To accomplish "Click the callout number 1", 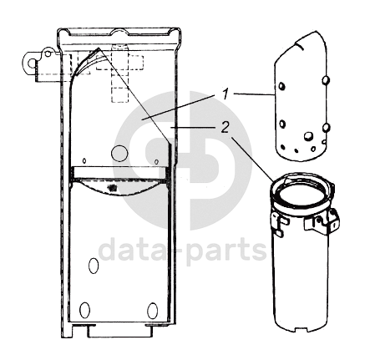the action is click(226, 94).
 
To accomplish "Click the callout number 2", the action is click(225, 128).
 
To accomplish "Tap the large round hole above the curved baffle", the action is click(119, 153).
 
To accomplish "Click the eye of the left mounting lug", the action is click(31, 63).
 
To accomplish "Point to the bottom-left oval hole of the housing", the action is click(84, 310).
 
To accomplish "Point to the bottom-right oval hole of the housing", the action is click(152, 310).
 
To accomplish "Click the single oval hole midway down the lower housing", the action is click(94, 266).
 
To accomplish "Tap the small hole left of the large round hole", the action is click(84, 161).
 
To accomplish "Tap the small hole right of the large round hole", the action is click(156, 161).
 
